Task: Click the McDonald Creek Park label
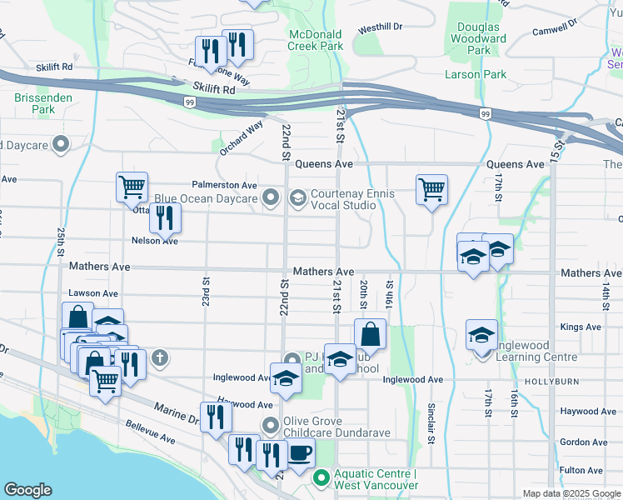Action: pos(316,40)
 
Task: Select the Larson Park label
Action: pos(476,74)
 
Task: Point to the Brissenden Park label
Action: pos(34,103)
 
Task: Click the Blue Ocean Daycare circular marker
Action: pos(271,198)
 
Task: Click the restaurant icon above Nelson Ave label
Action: pos(165,218)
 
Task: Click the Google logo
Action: pos(28,490)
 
